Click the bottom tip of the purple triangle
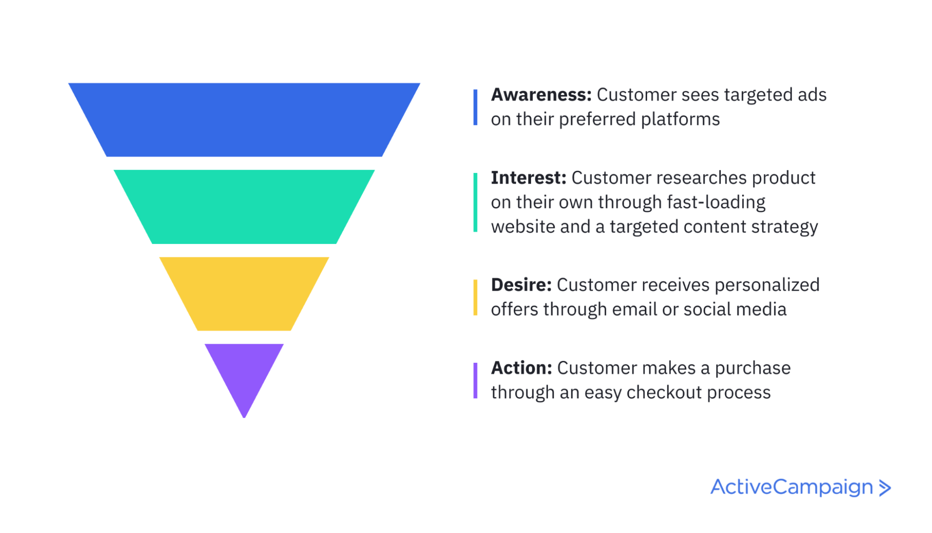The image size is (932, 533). [x=244, y=417]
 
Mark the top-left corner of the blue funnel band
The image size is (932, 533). [x=69, y=83]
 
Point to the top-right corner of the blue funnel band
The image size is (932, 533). [x=420, y=83]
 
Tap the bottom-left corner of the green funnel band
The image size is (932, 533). [x=152, y=243]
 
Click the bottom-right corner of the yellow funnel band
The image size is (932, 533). [x=291, y=330]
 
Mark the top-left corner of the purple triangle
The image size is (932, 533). [x=205, y=344]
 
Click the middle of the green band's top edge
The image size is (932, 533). [x=244, y=170]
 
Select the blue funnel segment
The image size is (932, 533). [x=244, y=120]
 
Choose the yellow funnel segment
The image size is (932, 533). [x=244, y=294]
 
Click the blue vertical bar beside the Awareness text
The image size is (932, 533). [x=475, y=107]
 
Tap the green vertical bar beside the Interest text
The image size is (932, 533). [x=475, y=202]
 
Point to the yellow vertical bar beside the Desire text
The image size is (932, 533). [x=475, y=298]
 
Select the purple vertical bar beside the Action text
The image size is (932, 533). [x=475, y=381]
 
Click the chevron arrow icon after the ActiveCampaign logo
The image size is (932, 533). [x=884, y=488]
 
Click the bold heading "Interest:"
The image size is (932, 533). [x=529, y=178]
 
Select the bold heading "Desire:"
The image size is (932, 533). [x=521, y=284]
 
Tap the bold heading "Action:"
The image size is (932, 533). [x=522, y=367]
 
